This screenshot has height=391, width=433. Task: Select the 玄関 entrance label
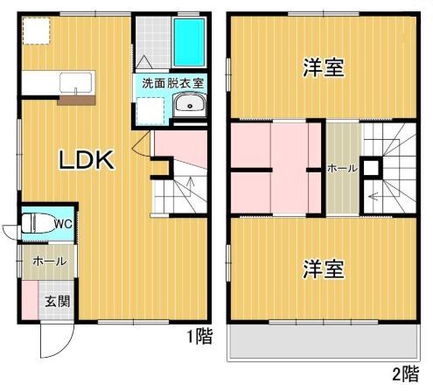(58, 302)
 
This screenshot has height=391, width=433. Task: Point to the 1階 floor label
(199, 336)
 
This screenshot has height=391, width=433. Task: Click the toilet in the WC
(34, 222)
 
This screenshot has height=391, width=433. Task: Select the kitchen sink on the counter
(76, 84)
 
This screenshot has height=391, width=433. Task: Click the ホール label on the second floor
(341, 169)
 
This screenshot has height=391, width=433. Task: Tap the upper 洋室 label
(324, 68)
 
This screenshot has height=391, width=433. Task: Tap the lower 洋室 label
(324, 269)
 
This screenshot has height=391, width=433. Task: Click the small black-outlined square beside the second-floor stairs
(370, 168)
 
